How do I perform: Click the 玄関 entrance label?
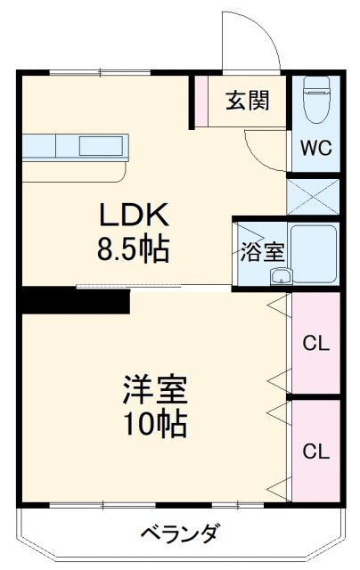247,100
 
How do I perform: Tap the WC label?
315,147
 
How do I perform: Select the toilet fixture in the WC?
316,102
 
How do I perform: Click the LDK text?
134,216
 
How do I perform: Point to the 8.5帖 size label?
134,249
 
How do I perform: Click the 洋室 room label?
154,391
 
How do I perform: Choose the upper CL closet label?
315,343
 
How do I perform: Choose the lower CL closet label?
315,451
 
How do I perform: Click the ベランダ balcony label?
179,534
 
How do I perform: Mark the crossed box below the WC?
314,196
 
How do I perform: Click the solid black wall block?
76,300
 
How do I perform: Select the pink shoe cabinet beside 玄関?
201,101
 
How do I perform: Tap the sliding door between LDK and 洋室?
151,287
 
